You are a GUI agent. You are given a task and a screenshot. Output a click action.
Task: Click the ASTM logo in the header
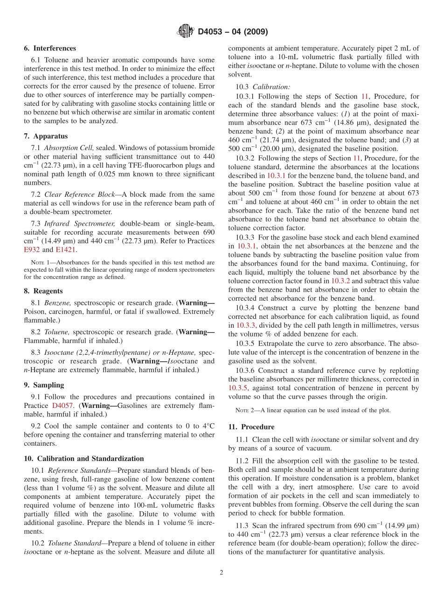coord(186,32)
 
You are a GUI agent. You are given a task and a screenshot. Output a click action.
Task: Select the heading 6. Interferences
coord(50,48)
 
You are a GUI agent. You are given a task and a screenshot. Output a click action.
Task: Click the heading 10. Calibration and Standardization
coord(83,459)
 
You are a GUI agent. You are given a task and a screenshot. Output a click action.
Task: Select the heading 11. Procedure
coord(251,427)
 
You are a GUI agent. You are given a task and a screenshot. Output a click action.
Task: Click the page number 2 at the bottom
coord(221,573)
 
